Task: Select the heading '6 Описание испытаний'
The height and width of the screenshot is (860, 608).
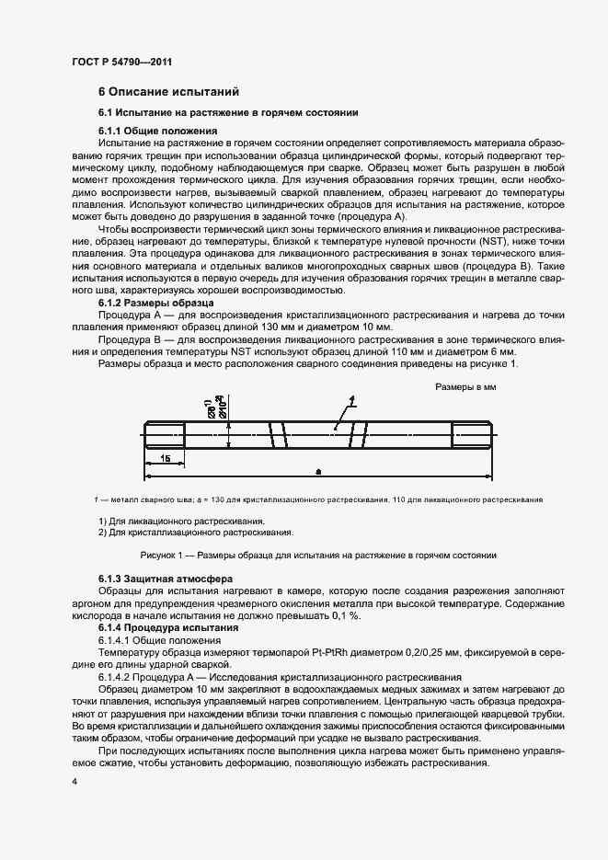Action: click(168, 92)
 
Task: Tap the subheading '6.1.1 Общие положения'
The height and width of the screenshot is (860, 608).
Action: click(152, 131)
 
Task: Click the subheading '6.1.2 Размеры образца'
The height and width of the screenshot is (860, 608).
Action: click(155, 302)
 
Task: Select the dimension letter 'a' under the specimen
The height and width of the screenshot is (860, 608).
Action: click(318, 471)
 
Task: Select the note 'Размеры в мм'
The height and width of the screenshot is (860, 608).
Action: click(465, 388)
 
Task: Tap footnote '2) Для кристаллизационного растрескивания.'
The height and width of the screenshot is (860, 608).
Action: click(195, 532)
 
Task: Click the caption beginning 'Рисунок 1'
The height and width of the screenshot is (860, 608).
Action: click(318, 555)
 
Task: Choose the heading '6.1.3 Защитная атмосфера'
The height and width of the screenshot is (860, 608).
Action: click(160, 579)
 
